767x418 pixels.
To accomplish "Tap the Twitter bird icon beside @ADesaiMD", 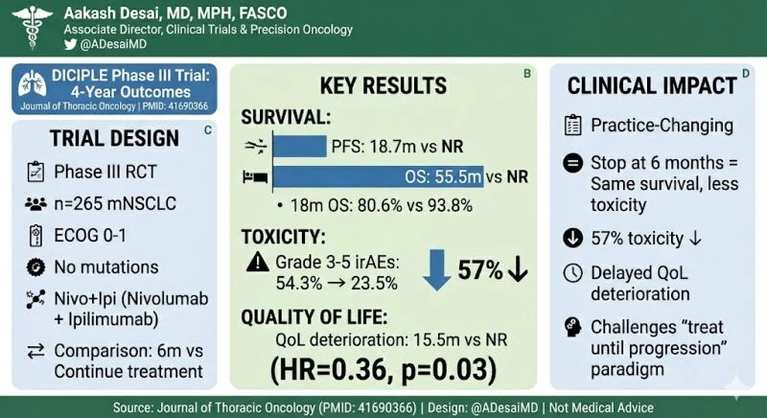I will (70, 44).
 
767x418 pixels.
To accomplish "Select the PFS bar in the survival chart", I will (300, 147).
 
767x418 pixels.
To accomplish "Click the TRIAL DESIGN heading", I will (98, 138).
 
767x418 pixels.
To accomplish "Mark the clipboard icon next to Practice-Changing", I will (572, 125).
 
